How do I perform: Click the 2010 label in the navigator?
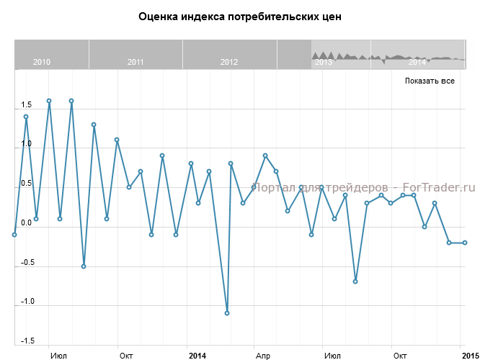click(x=42, y=62)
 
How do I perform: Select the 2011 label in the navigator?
click(x=135, y=62)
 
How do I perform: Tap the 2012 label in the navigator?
click(x=229, y=62)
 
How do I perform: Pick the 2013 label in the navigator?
click(x=323, y=62)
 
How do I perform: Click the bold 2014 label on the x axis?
click(x=197, y=356)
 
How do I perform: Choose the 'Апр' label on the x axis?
click(x=262, y=356)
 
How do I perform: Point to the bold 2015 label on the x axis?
click(x=470, y=356)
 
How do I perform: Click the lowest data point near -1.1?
click(x=227, y=313)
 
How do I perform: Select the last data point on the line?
click(x=465, y=243)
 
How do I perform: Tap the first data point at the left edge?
click(x=14, y=235)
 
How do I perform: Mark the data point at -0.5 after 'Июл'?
click(x=84, y=266)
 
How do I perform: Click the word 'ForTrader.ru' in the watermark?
click(x=443, y=187)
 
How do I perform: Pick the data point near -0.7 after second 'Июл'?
click(x=355, y=282)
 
